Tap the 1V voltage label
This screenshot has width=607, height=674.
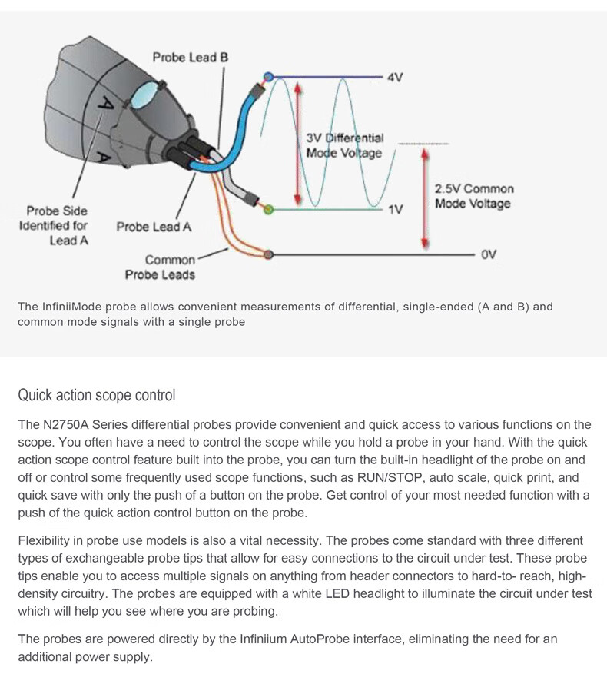pos(396,208)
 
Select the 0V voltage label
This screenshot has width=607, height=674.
pos(489,254)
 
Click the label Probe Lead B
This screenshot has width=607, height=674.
pos(190,58)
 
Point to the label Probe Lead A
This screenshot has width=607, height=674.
pos(154,227)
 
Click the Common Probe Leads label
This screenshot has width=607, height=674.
pos(160,267)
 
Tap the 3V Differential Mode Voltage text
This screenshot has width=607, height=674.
pos(344,146)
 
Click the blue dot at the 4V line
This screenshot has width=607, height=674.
pos(268,77)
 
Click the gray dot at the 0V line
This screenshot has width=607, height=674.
pos(267,254)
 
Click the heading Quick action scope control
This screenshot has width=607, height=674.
pos(97,396)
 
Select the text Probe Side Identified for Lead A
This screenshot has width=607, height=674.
pos(57,226)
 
